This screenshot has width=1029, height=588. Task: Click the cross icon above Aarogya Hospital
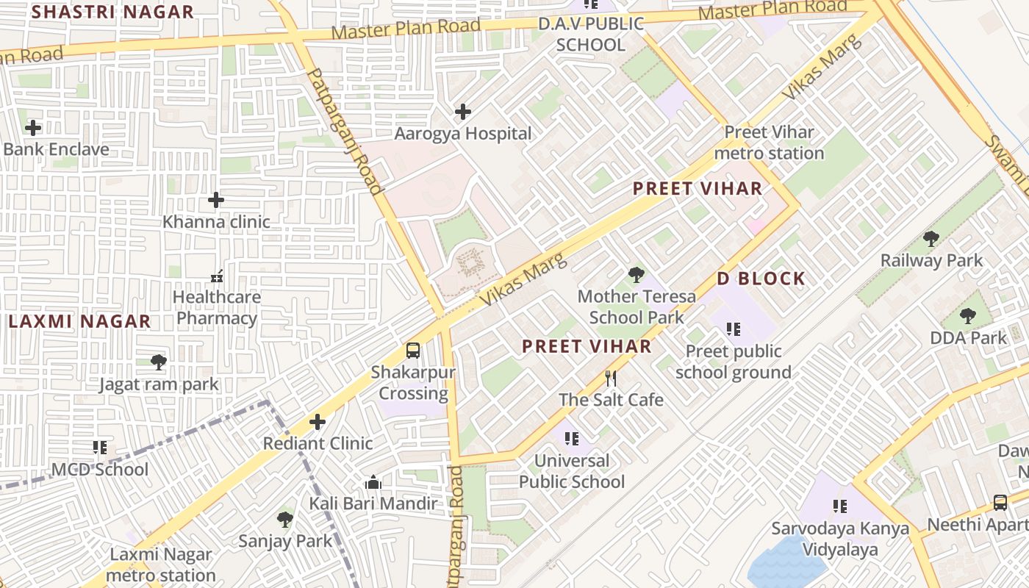click(463, 112)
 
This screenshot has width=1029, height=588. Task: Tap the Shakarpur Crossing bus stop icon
click(413, 351)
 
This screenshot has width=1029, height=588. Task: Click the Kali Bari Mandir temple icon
click(373, 483)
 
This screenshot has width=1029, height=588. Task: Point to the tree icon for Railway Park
click(931, 239)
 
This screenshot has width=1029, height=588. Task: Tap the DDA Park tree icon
click(968, 317)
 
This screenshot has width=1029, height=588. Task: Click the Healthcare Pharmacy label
click(216, 308)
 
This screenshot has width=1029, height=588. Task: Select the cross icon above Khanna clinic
click(216, 200)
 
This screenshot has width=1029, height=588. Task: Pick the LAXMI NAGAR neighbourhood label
click(79, 321)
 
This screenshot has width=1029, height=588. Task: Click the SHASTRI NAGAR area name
click(113, 12)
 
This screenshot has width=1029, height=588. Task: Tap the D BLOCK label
click(761, 279)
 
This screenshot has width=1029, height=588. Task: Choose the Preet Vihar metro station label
click(769, 143)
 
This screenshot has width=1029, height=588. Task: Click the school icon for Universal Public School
click(572, 440)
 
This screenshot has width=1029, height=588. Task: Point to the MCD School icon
click(100, 448)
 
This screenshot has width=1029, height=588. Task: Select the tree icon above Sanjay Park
click(285, 520)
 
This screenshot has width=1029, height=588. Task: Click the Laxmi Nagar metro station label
click(161, 564)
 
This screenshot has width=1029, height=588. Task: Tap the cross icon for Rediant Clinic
click(318, 422)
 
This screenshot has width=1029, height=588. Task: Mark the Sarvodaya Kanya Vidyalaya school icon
click(840, 506)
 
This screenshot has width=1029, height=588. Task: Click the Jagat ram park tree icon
click(158, 362)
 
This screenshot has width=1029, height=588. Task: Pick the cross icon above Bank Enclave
click(33, 128)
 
